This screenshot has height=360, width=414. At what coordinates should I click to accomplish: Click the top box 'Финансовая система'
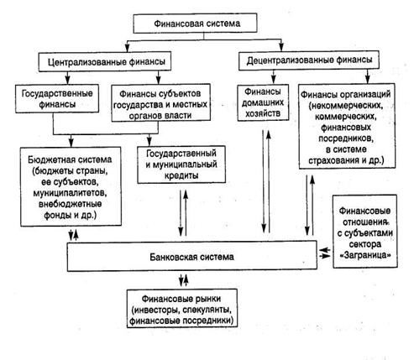pos(195,23)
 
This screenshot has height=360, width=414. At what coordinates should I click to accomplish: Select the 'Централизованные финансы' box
pos(105,61)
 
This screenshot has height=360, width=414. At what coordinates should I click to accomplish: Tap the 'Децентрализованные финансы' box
pos(309,60)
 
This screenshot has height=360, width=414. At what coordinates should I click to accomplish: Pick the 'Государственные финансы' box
pos(57,99)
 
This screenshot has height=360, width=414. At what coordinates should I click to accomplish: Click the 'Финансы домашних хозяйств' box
pos(263,102)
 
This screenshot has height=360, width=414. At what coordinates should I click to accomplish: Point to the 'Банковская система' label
pos(191,257)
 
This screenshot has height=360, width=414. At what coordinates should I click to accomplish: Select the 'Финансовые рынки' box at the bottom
pos(182,308)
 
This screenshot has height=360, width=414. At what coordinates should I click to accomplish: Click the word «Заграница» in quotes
pos(365,255)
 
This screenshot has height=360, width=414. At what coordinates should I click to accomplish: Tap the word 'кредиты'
pos(181,175)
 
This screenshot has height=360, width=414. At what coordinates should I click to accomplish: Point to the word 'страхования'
pos(333,161)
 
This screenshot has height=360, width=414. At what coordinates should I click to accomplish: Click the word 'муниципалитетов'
pos(70,193)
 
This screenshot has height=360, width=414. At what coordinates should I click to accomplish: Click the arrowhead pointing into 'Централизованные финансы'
pos(128,48)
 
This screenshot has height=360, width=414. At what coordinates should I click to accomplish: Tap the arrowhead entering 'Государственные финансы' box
pos(67,81)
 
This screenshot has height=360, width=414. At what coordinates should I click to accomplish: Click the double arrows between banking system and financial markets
pos(184,279)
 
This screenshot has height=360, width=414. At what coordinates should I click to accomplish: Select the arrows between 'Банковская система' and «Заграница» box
pos(325,253)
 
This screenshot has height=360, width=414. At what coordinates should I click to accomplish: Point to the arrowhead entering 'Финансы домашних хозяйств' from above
pos(274,81)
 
